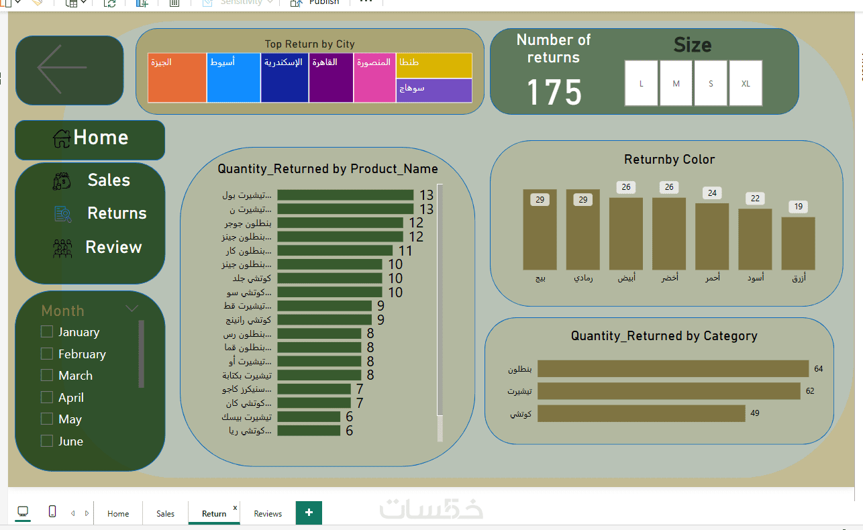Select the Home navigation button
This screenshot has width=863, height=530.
(90, 139)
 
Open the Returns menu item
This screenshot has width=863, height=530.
(116, 213)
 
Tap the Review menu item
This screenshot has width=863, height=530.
(113, 248)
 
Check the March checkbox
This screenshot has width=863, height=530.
(47, 375)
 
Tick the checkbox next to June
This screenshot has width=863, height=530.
(47, 441)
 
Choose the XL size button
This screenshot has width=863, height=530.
(746, 84)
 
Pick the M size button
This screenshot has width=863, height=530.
(676, 84)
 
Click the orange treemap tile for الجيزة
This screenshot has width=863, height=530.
(177, 78)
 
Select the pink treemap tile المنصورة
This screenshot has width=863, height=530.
(374, 78)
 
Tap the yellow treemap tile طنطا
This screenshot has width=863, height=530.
(434, 65)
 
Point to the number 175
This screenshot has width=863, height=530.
(554, 92)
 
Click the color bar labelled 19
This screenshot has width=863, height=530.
(798, 243)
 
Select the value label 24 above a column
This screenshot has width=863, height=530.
(712, 193)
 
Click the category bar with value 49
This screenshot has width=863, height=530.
(641, 413)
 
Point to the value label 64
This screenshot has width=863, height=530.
(818, 369)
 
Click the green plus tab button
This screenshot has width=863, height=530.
(309, 513)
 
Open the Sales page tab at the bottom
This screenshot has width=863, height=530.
(165, 514)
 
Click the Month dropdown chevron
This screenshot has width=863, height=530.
(132, 309)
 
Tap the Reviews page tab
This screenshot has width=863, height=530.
(268, 514)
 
